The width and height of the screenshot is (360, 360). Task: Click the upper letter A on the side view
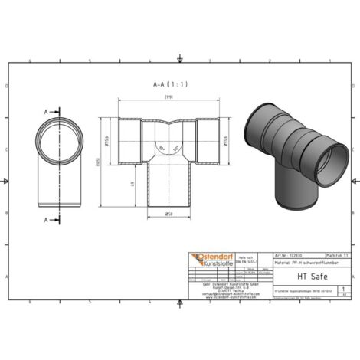(46, 112)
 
